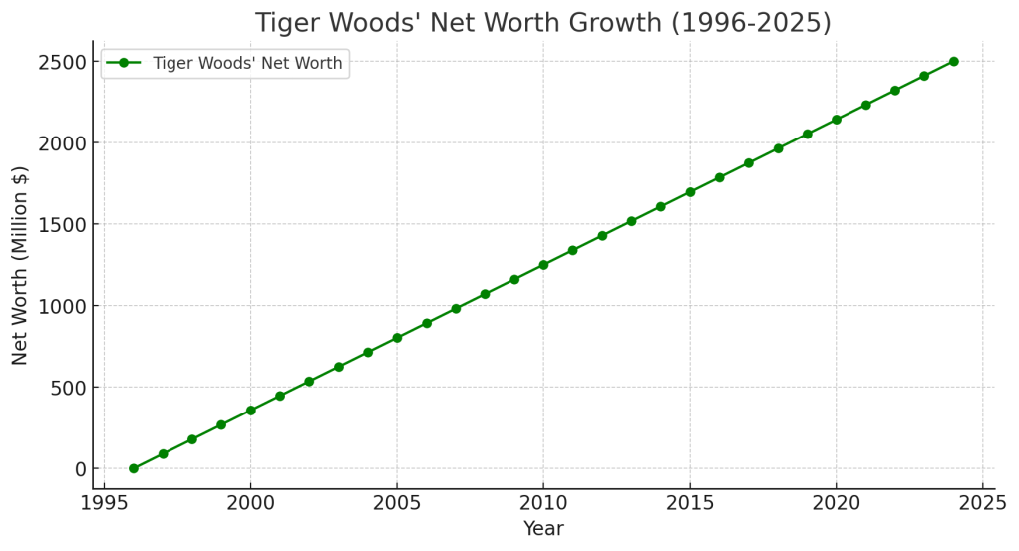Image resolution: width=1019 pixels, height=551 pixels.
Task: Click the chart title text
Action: (542, 22)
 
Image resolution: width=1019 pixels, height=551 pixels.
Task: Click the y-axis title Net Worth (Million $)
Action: (21, 265)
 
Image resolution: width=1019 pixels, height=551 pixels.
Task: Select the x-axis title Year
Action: (543, 529)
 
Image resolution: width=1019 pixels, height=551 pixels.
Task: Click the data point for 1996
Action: (134, 468)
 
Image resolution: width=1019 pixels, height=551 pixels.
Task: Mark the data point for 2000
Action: (250, 411)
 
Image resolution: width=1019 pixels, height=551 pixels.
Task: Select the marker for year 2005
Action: (397, 338)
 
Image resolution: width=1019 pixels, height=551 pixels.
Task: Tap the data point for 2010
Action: (543, 265)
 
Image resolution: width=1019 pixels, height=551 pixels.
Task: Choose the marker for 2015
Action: (690, 192)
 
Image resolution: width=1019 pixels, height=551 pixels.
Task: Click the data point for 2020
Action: (837, 120)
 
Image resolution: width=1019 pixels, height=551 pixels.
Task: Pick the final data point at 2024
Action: (954, 62)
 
